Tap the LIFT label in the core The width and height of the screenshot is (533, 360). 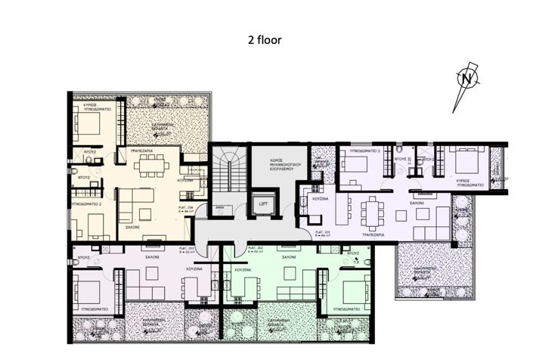click(263, 203)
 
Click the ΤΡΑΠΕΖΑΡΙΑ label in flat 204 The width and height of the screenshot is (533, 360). click(143, 151)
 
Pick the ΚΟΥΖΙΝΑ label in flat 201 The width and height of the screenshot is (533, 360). click(321, 198)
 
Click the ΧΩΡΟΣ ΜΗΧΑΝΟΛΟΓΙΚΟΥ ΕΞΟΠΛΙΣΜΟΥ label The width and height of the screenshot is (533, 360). click(265, 166)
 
